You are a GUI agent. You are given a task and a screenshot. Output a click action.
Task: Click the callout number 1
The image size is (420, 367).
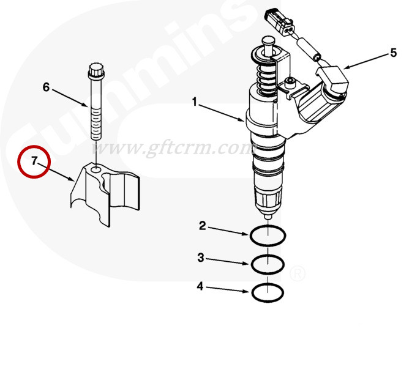point(195,102)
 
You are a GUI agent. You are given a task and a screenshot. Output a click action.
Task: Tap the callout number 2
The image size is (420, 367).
point(203,226)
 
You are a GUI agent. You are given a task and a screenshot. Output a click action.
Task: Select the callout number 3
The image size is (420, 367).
point(201,258)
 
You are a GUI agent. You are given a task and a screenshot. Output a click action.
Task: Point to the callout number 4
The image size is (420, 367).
point(200,286)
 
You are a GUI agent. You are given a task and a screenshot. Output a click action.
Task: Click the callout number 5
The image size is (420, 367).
point(393,53)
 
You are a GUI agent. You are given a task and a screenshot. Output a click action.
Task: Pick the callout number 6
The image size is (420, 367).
point(47,87)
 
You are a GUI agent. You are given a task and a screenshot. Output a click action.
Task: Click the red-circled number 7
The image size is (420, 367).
point(34,161)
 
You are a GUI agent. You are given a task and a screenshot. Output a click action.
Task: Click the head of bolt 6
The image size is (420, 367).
point(96,70)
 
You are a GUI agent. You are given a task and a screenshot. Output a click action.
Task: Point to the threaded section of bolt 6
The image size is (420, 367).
point(97,124)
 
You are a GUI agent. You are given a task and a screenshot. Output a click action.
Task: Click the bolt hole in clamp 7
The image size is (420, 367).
point(96,169)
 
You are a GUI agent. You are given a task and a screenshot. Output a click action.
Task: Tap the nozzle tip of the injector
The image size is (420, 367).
point(268,216)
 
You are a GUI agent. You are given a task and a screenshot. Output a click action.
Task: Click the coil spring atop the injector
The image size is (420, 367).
point(265,78)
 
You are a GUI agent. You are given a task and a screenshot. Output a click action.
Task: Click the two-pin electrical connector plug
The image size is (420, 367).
point(280,22)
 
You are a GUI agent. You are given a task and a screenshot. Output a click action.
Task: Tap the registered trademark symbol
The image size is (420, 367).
point(298,273)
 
